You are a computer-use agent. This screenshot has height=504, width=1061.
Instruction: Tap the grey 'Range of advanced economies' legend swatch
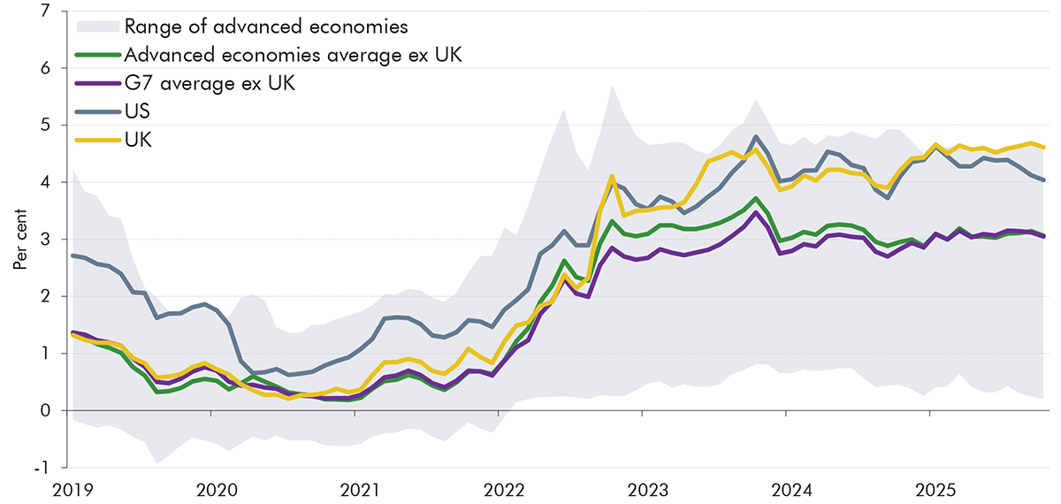pos(97,25)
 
